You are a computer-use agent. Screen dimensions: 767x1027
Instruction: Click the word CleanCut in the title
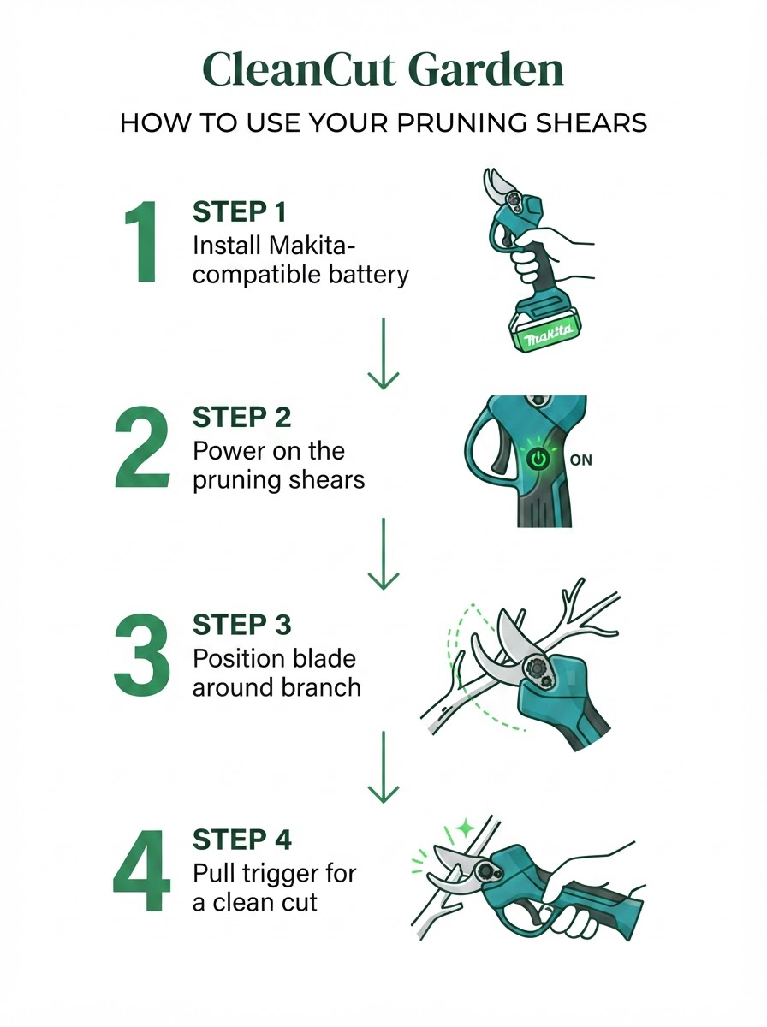click(x=299, y=69)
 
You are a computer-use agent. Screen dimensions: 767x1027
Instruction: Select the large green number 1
click(x=142, y=241)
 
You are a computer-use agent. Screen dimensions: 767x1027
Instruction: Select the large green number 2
click(x=142, y=448)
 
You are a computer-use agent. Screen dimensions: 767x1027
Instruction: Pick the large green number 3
click(x=142, y=656)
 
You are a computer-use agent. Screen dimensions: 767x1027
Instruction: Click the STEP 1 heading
click(x=239, y=212)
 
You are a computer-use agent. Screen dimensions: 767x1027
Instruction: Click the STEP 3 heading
click(x=242, y=625)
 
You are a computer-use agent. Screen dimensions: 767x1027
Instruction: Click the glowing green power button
click(x=538, y=460)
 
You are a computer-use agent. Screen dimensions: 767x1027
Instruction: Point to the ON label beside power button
click(x=581, y=460)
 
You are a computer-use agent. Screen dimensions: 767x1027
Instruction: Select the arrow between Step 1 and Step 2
click(x=383, y=353)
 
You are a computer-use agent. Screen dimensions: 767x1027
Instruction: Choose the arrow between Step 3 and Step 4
click(x=383, y=768)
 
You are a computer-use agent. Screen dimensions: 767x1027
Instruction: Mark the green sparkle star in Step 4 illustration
click(x=466, y=828)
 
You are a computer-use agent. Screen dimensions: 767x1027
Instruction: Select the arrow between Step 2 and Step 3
click(x=383, y=554)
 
